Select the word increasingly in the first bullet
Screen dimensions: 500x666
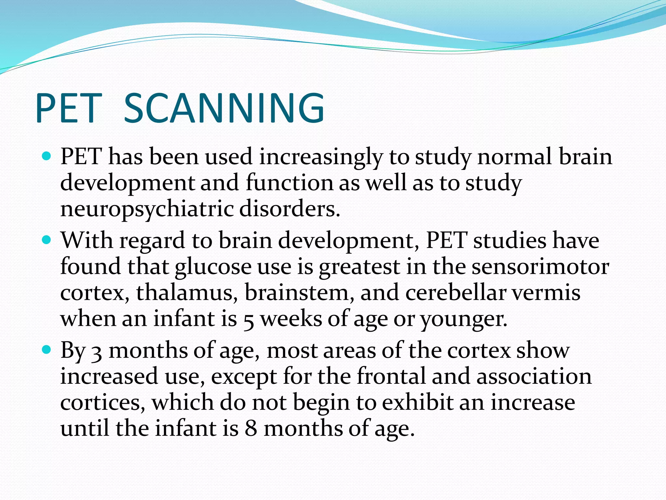[x=321, y=157]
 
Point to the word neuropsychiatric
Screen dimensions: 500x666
[x=147, y=209]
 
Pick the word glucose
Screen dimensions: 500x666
[x=213, y=267]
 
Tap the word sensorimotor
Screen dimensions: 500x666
[x=540, y=267]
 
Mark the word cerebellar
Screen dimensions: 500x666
[x=456, y=292]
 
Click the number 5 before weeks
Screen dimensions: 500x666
[x=248, y=320]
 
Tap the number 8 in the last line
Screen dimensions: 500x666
[x=251, y=428]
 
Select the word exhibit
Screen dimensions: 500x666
[x=418, y=402]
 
